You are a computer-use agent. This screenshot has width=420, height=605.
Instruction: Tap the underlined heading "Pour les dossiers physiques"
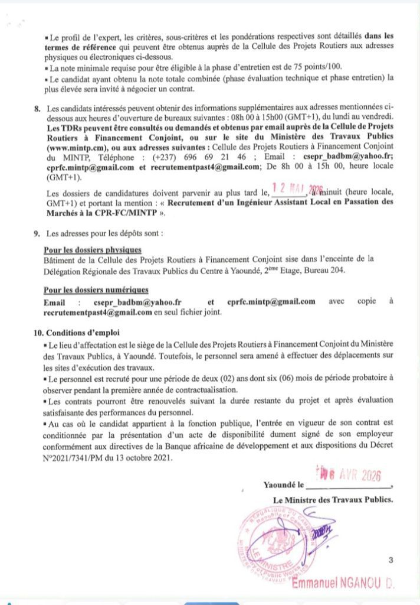pos(93,250)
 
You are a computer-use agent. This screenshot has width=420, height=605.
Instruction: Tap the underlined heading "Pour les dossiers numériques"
pos(96,290)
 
